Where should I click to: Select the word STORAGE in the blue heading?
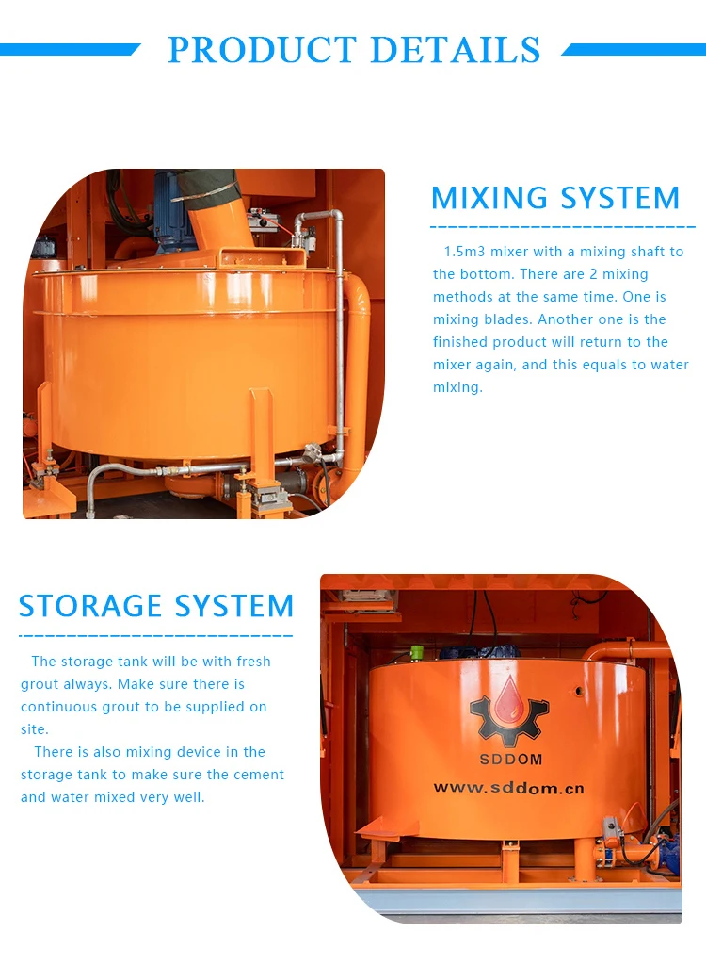point(93,606)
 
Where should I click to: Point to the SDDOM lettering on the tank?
point(508,760)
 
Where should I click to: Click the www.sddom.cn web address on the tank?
point(508,787)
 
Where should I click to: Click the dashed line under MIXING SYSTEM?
point(562,227)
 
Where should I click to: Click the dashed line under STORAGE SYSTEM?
point(155,636)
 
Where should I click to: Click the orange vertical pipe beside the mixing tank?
point(357,377)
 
